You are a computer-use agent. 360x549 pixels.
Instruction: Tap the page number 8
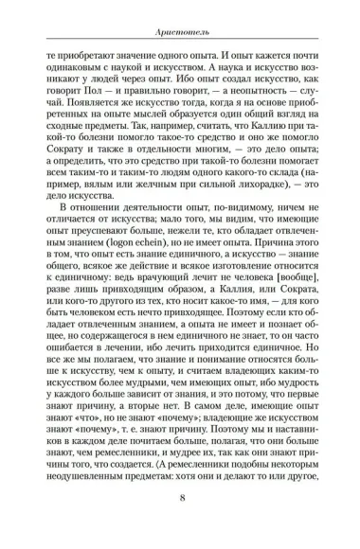click(181, 525)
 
